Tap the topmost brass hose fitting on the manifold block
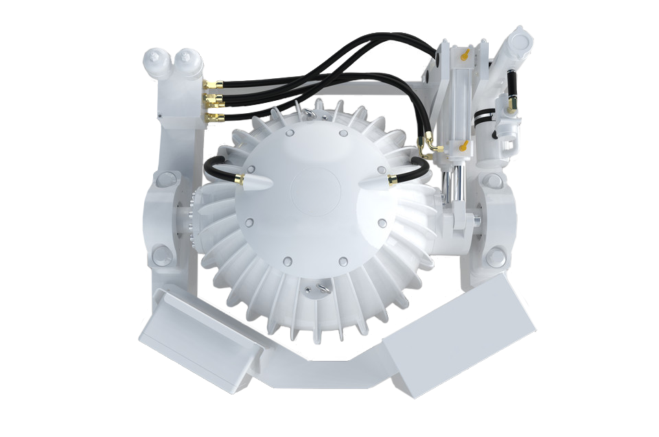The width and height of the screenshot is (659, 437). point(213,84)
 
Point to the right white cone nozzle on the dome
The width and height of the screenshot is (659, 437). point(376,181)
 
